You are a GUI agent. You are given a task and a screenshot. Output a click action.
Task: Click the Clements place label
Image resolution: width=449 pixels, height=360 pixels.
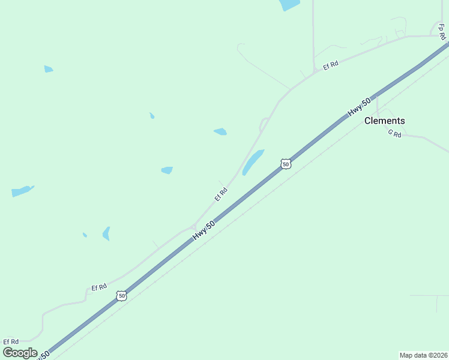pyautogui.click(x=385, y=121)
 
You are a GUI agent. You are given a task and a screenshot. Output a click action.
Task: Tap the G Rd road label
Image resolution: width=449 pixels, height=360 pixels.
pyautogui.click(x=394, y=134)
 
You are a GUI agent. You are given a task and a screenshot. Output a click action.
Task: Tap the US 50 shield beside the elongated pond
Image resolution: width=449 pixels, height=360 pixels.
pyautogui.click(x=286, y=164)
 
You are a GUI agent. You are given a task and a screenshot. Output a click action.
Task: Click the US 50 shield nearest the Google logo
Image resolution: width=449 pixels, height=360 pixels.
pyautogui.click(x=122, y=296)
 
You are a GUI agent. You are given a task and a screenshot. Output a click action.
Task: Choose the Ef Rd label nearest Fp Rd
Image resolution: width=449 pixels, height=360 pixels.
pyautogui.click(x=331, y=65)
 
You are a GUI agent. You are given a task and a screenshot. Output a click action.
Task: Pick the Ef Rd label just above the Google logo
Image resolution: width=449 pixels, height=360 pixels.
pyautogui.click(x=11, y=341)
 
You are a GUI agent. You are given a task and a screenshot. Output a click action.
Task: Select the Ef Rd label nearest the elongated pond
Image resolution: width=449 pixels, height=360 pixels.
pyautogui.click(x=221, y=194)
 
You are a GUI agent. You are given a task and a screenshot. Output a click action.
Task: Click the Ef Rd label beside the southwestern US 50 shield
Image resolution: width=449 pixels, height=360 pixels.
pyautogui.click(x=99, y=288)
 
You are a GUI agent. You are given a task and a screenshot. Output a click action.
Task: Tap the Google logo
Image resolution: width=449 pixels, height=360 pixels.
pyautogui.click(x=20, y=353)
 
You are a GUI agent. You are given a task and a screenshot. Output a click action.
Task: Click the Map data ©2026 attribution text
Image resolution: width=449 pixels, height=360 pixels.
pyautogui.click(x=423, y=355)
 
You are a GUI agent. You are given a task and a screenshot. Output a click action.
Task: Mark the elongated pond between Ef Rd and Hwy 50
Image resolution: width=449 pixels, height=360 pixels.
pyautogui.click(x=253, y=162)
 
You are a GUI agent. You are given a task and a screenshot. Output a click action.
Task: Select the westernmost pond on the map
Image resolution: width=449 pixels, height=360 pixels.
pyautogui.click(x=22, y=191)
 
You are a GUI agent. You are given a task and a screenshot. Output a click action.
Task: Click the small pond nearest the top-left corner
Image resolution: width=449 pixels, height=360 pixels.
pyautogui.click(x=49, y=69)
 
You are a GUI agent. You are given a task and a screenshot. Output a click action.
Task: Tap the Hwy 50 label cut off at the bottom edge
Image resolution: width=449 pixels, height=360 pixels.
pyautogui.click(x=42, y=356)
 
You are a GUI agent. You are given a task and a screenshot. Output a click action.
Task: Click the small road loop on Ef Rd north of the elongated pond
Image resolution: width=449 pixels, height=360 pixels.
pyautogui.click(x=263, y=124)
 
